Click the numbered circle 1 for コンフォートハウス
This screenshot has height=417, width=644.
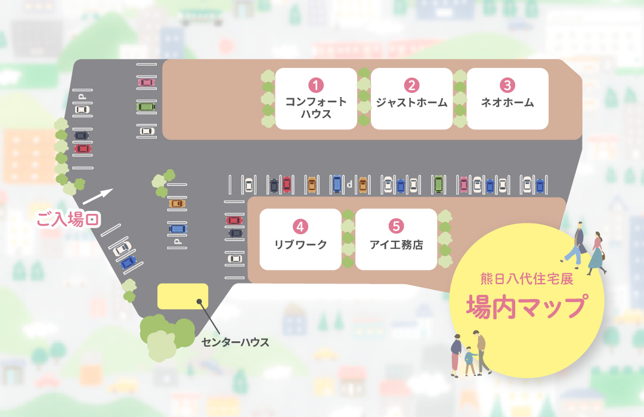315,85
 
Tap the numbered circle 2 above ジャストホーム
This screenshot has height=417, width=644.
411,85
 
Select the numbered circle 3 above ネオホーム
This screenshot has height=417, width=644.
507,85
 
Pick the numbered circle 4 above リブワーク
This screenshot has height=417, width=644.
301,226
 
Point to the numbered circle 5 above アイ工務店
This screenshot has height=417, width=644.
396,226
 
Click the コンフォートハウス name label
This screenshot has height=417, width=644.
315,108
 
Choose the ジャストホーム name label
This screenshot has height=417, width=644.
411,102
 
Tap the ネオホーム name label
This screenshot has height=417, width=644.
507,102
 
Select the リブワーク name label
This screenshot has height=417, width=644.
301,244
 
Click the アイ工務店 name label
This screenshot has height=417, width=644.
396,244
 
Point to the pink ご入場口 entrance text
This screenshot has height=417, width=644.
67,219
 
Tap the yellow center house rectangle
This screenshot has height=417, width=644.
182,296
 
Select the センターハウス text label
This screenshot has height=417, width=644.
235,343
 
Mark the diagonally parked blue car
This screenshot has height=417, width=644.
128,262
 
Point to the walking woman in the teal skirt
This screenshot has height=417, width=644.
597,253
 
